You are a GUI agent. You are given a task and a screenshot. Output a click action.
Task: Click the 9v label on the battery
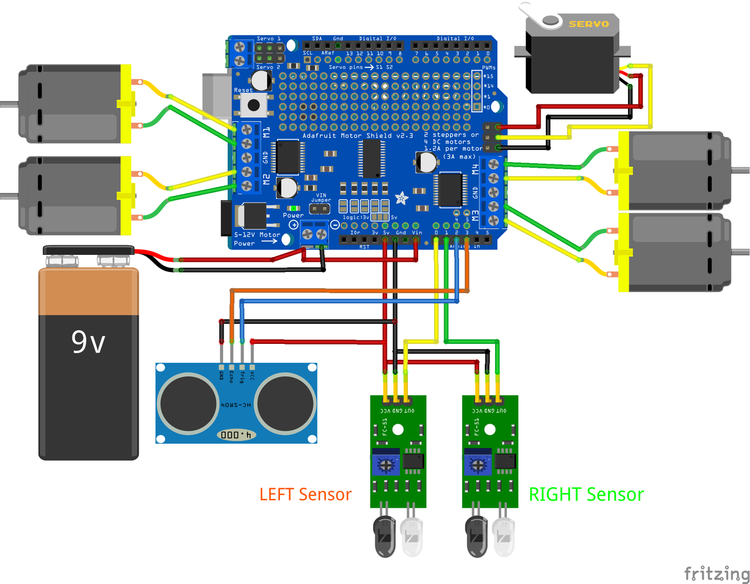click(88, 342)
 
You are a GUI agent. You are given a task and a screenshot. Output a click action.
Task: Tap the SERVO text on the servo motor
click(589, 24)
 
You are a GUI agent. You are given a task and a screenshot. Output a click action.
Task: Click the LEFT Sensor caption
click(305, 494)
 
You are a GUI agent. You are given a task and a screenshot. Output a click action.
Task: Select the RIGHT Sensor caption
click(586, 494)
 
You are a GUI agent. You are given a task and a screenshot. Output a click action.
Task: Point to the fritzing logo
click(716, 573)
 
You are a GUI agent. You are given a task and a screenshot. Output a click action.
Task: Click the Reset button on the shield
click(253, 106)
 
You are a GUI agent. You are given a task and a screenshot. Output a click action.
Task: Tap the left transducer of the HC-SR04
click(188, 403)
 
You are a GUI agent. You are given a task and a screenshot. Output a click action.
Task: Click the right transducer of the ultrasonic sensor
click(285, 403)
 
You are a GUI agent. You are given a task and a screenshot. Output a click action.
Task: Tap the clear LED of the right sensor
click(504, 536)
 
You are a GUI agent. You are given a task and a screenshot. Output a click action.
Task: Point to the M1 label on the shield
click(266, 132)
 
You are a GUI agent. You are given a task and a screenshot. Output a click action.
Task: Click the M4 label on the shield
click(475, 169)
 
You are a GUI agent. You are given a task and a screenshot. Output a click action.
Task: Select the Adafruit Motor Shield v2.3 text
click(358, 136)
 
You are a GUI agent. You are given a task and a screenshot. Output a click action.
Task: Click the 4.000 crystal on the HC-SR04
click(236, 435)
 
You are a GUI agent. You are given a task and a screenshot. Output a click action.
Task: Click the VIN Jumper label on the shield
click(321, 197)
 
